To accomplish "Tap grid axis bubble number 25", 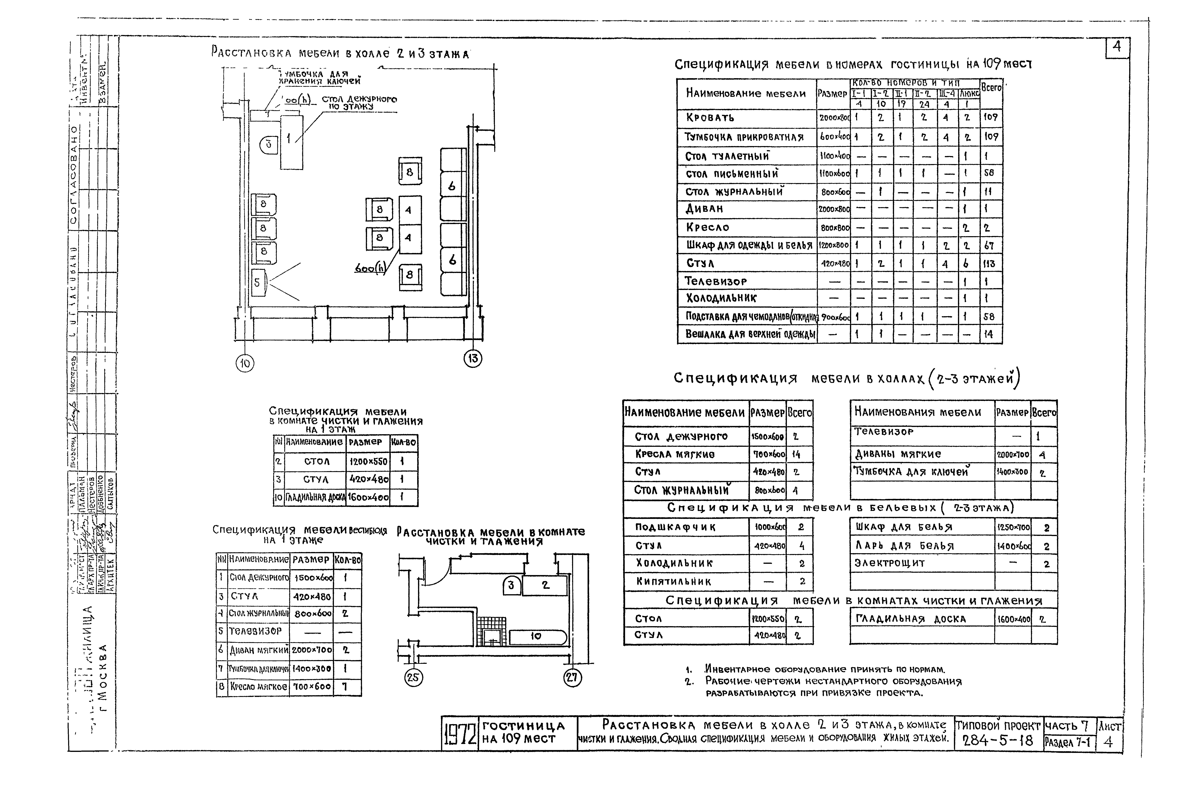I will point(413,678).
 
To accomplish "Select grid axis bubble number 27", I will point(572,678).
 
